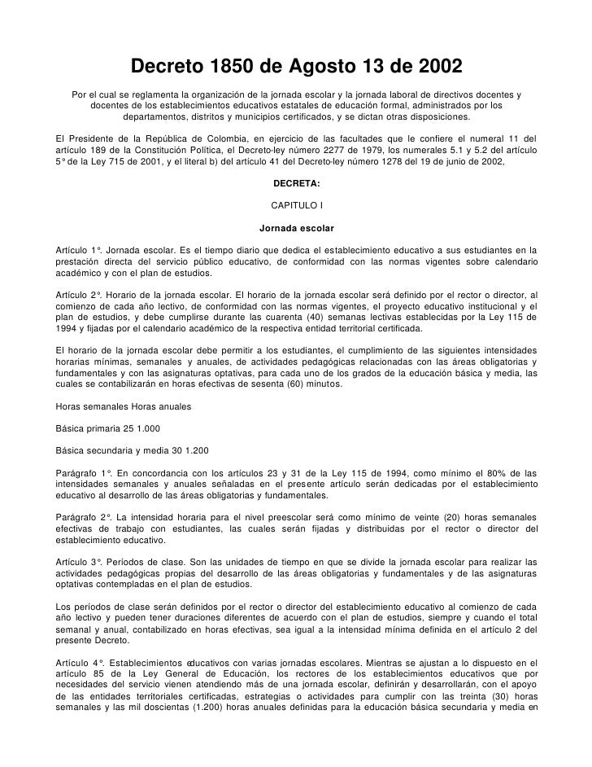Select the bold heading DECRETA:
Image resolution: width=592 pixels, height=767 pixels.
[x=296, y=183]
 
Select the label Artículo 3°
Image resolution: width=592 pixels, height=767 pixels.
[x=76, y=561]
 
